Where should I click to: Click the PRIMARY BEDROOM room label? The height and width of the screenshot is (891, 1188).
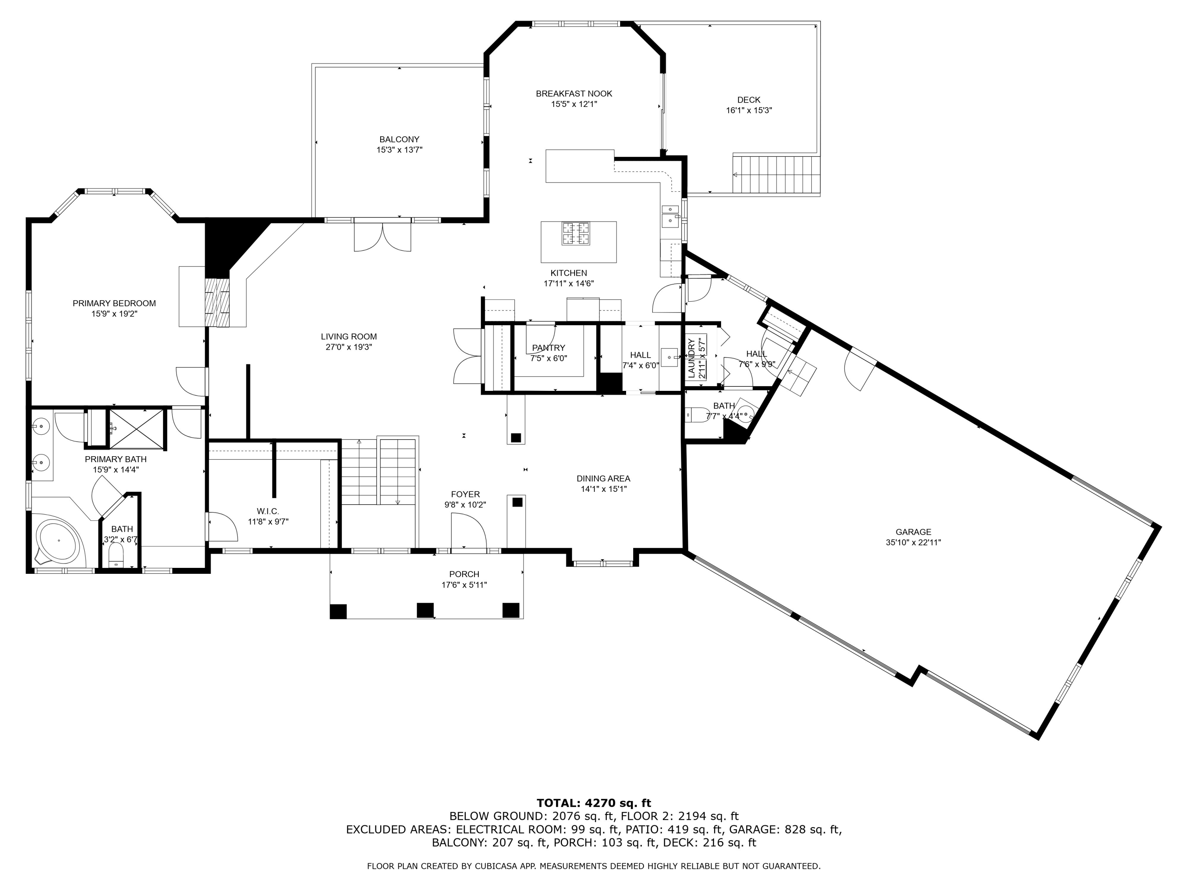(x=114, y=303)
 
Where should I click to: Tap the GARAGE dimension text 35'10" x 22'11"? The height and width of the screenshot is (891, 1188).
(x=913, y=543)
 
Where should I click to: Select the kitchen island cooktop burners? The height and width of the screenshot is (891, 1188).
(x=576, y=234)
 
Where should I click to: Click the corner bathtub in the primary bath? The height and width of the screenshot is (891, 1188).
(x=57, y=541)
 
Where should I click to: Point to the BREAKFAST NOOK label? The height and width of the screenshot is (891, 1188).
(x=573, y=94)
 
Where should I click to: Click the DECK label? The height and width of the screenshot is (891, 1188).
(x=749, y=100)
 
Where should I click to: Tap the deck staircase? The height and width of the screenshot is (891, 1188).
(x=777, y=175)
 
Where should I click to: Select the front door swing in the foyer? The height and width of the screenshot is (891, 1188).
(x=469, y=532)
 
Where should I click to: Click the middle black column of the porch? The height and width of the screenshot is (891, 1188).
(x=425, y=611)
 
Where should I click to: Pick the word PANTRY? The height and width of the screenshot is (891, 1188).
(x=548, y=348)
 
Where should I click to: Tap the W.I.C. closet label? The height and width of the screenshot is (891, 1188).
(x=268, y=511)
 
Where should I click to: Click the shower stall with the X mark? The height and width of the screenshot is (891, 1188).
(x=136, y=428)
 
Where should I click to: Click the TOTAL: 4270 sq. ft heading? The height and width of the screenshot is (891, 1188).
(x=594, y=803)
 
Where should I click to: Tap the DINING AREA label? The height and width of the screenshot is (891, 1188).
(x=603, y=478)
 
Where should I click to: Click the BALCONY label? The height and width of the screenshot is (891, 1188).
(x=399, y=140)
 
